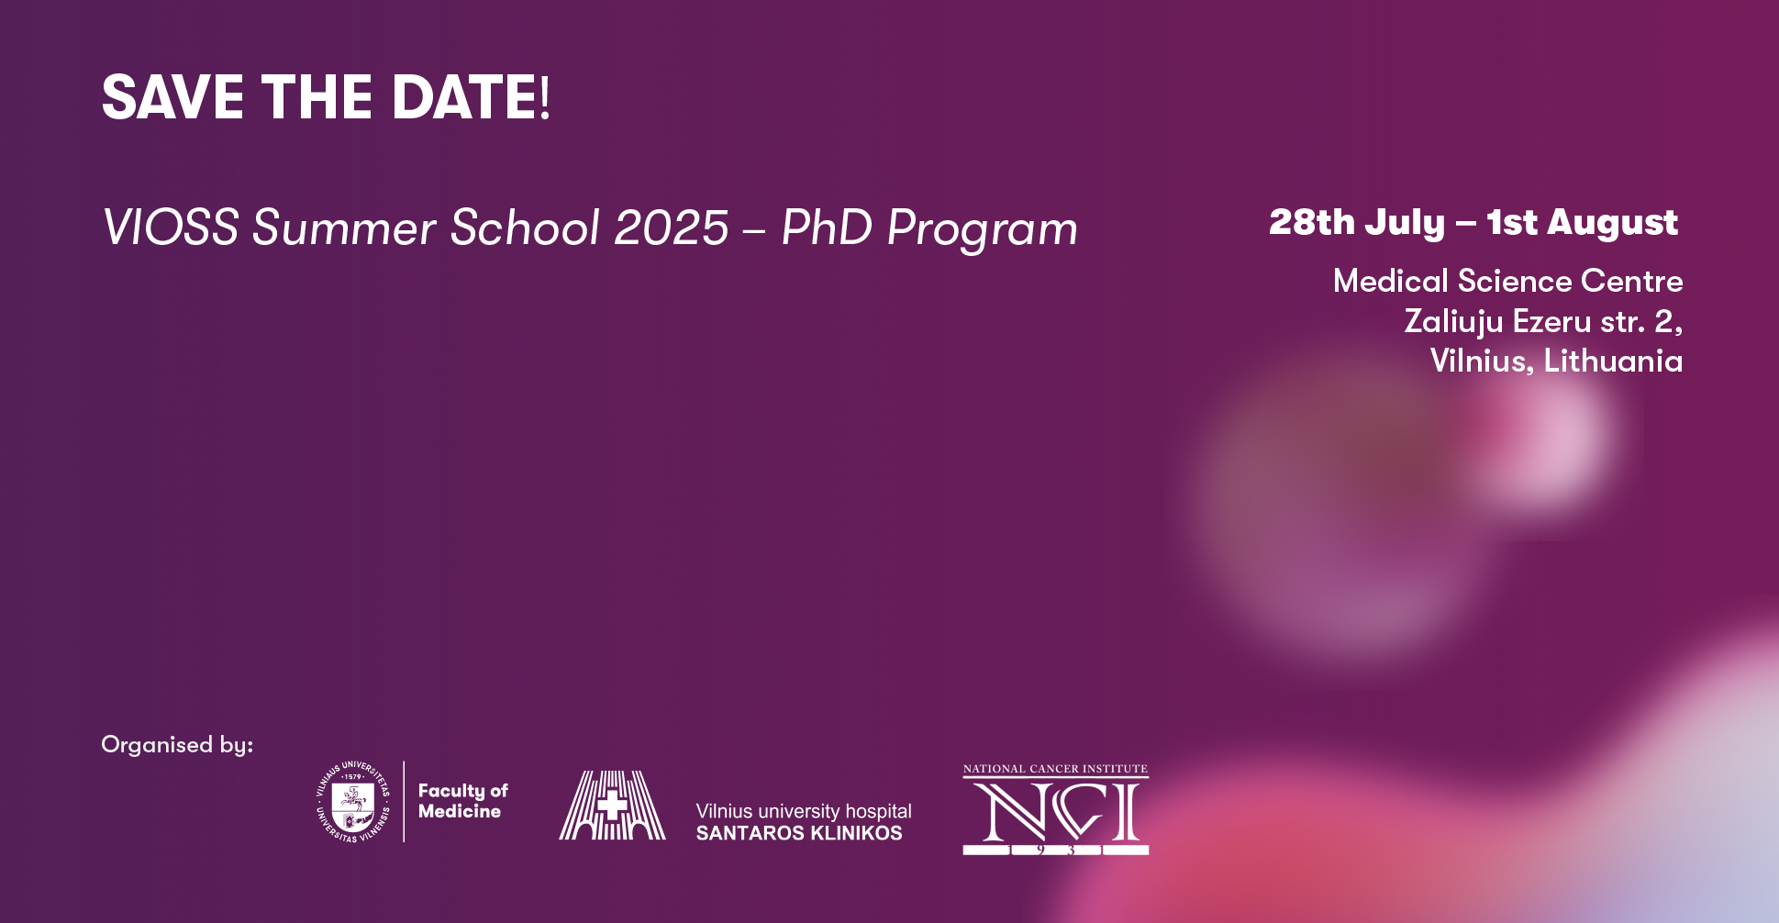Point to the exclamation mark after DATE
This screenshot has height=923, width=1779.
pos(545,97)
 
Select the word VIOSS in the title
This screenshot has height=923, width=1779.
pos(171,228)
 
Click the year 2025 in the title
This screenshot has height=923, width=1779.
pos(672,228)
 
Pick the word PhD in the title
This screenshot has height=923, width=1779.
pos(827,228)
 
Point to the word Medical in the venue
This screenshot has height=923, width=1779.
pos(1391,281)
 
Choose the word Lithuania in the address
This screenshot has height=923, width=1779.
pos(1613,361)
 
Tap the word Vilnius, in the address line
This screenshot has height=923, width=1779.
pos(1482,361)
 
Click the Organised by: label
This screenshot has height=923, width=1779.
pos(177,745)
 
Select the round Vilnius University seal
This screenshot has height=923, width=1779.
pos(352,802)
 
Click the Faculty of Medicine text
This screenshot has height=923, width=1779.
pos(462,801)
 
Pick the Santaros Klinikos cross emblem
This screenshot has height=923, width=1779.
pos(613,805)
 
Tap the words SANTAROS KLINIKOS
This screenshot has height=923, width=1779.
pos(799,833)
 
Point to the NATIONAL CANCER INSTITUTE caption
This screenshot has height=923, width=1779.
pos(1056,769)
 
